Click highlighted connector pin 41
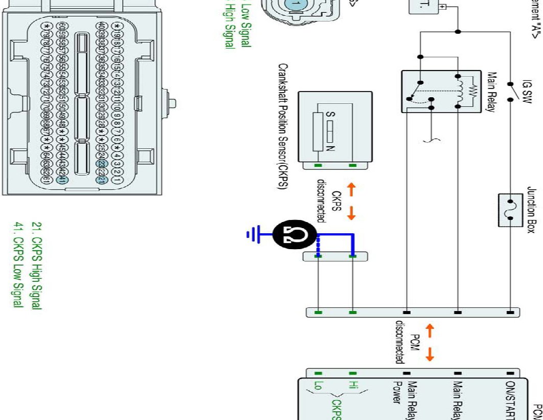click(x=61, y=179)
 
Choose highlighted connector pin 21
click(x=102, y=179)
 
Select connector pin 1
click(x=117, y=179)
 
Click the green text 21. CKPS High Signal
click(x=36, y=266)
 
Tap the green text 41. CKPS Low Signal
click(x=18, y=266)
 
